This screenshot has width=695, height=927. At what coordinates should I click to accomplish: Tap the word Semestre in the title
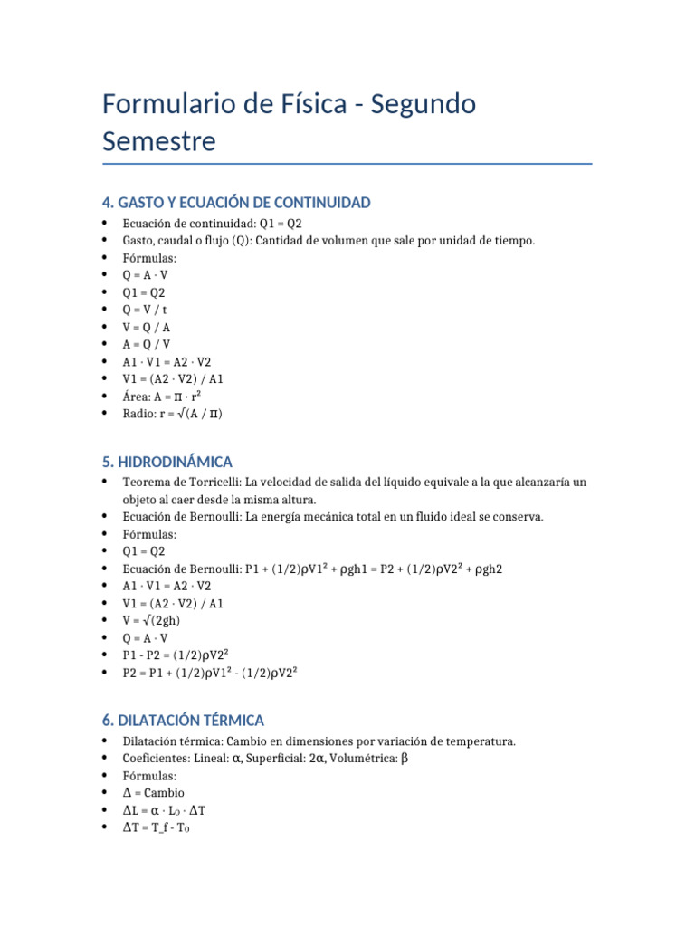pos(159,142)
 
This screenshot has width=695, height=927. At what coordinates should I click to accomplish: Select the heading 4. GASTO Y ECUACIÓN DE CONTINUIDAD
pos(236,203)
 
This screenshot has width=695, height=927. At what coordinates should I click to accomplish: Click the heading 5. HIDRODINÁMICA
pos(167,462)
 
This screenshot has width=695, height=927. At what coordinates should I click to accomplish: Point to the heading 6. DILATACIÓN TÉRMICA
pos(183,721)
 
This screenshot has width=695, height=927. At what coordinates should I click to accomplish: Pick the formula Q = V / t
pos(145,310)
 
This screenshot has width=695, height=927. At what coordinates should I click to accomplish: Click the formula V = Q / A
pos(147,327)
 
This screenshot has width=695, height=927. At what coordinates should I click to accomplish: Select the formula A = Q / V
pos(147,344)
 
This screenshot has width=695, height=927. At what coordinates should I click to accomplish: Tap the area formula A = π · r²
pos(162,397)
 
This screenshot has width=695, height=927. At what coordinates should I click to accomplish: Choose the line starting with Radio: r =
pos(172,414)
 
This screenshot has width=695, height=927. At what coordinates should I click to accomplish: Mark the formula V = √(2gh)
pos(154,620)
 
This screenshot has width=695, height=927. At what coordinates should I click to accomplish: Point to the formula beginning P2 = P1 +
pos(211,672)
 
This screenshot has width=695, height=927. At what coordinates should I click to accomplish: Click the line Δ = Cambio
pos(153,793)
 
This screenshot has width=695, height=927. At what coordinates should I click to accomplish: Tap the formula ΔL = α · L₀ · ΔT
pos(169,810)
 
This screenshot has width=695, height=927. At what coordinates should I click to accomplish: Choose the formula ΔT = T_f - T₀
pos(157,827)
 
